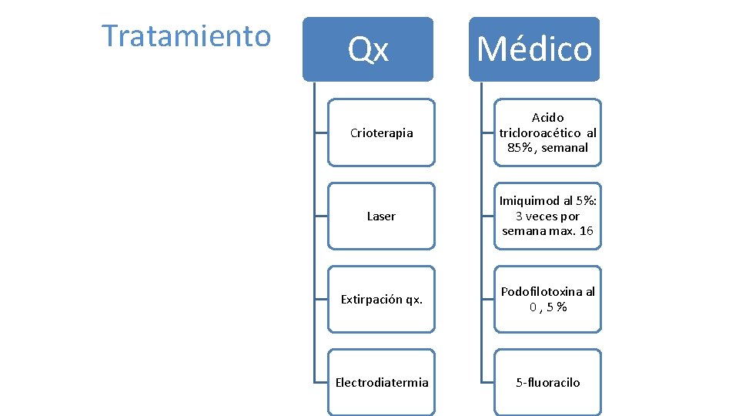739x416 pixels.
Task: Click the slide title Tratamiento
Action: pos(186,35)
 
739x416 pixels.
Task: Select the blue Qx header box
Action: pos(368,49)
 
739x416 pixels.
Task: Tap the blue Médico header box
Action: pos(534,49)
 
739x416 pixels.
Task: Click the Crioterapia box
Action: pos(381,133)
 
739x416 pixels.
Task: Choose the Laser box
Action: pos(381,216)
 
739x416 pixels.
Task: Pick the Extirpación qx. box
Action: pos(381,299)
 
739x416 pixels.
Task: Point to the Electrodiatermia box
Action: pos(381,382)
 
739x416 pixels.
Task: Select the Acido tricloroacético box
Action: pos(547,133)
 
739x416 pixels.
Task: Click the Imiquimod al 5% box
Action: pos(547,216)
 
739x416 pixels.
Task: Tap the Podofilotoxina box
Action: pos(547,299)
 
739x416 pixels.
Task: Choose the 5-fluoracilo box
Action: pos(547,382)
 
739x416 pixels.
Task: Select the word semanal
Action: pos(564,148)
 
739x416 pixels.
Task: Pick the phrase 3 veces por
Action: pos(547,216)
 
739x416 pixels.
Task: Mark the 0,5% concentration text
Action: pos(547,307)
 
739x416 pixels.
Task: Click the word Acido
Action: pos(547,118)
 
